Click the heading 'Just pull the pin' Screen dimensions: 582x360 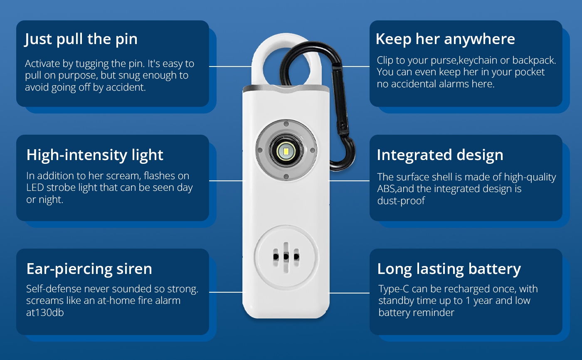click(81, 39)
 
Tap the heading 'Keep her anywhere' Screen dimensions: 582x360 click(445, 39)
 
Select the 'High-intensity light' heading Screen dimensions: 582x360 click(95, 155)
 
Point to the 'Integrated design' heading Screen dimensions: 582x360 click(440, 155)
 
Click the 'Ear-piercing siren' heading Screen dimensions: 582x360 click(89, 269)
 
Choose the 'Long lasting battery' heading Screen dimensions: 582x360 click(449, 269)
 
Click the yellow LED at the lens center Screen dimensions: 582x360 click(286, 151)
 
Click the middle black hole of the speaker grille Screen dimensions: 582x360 click(286, 256)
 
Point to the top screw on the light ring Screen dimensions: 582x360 click(286, 124)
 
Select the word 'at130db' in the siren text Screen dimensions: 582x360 click(45, 313)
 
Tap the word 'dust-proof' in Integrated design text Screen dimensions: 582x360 click(401, 201)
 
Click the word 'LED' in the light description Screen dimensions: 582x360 click(35, 187)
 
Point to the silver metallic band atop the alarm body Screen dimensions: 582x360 click(286, 89)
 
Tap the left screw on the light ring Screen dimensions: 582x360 click(259, 150)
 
